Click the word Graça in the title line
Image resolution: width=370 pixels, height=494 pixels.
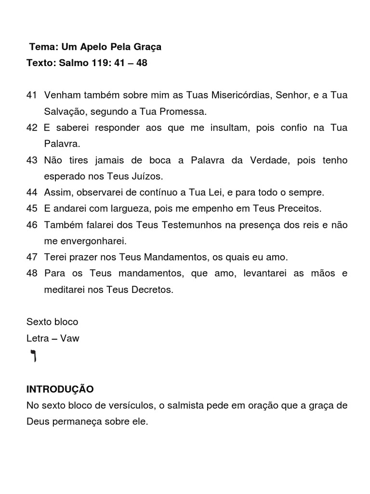tap(148, 47)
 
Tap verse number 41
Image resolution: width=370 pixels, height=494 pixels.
tap(32, 96)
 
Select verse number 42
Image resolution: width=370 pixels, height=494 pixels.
tap(32, 128)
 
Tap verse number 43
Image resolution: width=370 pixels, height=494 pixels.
tap(32, 160)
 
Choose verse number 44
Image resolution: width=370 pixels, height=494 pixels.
tap(32, 192)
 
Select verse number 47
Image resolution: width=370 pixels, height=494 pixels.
tap(32, 257)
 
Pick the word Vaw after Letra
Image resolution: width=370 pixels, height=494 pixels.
tap(70, 338)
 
